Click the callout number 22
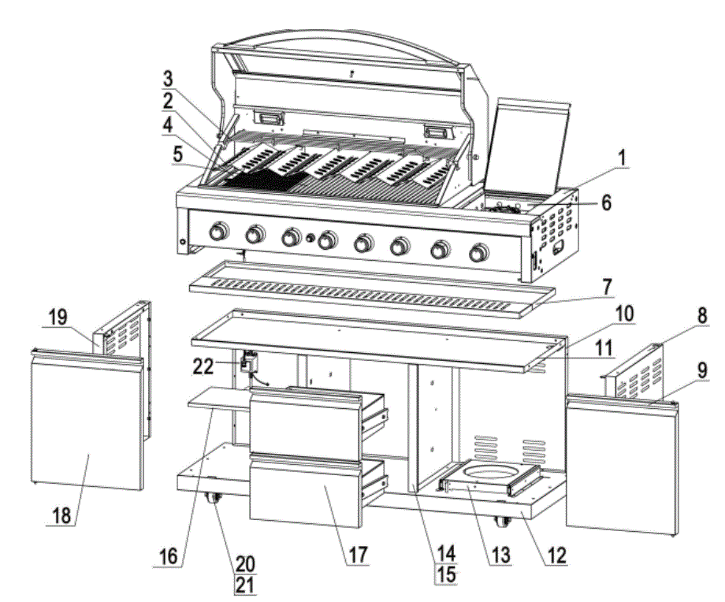(x=203, y=366)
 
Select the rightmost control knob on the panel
(x=478, y=254)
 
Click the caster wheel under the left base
(x=213, y=500)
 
